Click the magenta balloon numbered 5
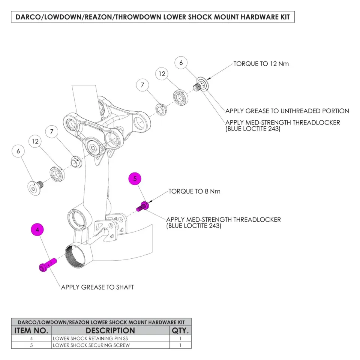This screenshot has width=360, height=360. pyautogui.click(x=135, y=178)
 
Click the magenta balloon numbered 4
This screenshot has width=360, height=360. pyautogui.click(x=37, y=229)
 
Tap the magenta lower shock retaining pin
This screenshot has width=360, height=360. pyautogui.click(x=48, y=265)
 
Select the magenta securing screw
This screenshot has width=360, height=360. pyautogui.click(x=142, y=206)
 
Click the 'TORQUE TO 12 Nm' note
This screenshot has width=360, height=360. pyautogui.click(x=261, y=64)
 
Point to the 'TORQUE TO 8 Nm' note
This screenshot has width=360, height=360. pyautogui.click(x=194, y=191)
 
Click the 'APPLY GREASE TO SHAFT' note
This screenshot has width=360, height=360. pyautogui.click(x=97, y=287)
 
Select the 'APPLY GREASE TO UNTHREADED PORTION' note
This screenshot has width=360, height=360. pyautogui.click(x=287, y=111)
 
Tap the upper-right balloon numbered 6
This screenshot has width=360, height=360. pyautogui.click(x=181, y=63)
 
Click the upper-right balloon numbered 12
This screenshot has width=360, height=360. pyautogui.click(x=162, y=74)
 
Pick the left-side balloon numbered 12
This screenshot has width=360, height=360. pyautogui.click(x=35, y=141)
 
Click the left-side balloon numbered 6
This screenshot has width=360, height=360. pyautogui.click(x=18, y=151)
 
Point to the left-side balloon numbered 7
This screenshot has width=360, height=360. pyautogui.click(x=52, y=132)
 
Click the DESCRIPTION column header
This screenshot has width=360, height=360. pyautogui.click(x=110, y=330)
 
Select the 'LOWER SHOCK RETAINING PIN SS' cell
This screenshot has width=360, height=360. pyautogui.click(x=110, y=338)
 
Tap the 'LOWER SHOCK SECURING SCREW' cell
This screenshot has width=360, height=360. pyautogui.click(x=110, y=345)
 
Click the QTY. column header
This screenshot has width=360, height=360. pyautogui.click(x=180, y=330)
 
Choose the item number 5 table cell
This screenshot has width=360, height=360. pyautogui.click(x=31, y=345)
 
